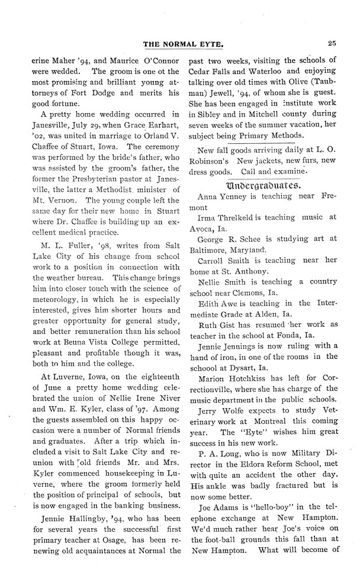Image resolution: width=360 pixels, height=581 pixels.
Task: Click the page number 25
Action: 332,42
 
